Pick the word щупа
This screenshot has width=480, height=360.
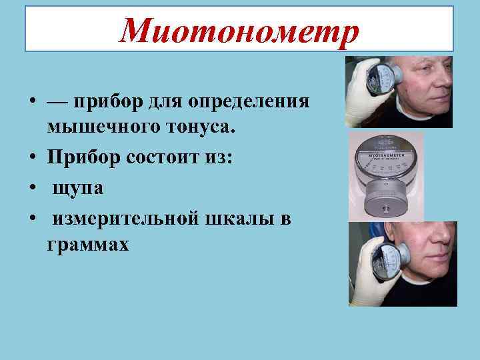(78, 188)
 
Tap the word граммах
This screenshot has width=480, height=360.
(88, 244)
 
